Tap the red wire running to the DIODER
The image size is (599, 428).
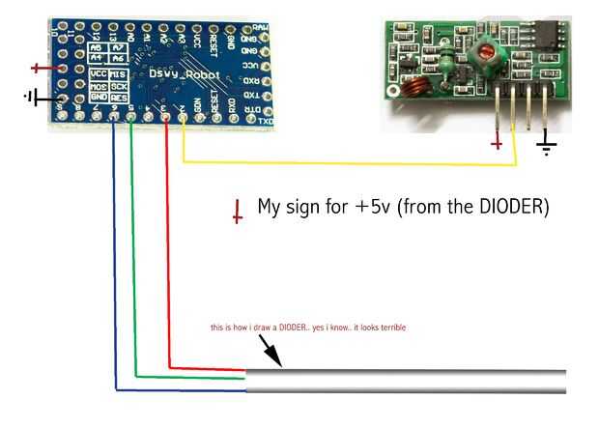coord(168,251)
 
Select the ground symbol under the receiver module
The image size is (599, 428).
coord(547,147)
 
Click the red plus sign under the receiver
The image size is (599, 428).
coord(498,144)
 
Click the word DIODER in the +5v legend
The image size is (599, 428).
coord(513,207)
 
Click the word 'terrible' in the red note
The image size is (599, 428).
coord(387,328)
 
